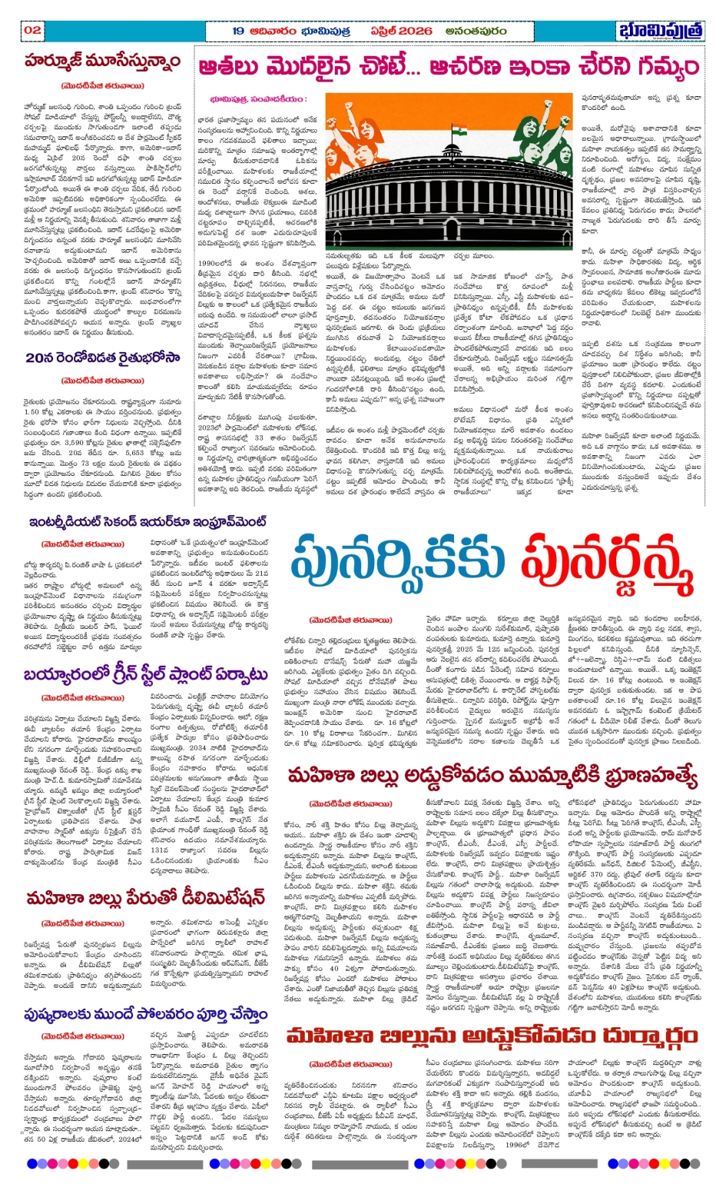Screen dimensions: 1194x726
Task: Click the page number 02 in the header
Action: (32, 30)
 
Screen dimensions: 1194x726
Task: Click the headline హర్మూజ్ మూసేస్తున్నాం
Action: (102, 62)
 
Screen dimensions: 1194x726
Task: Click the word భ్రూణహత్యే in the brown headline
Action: (640, 777)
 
